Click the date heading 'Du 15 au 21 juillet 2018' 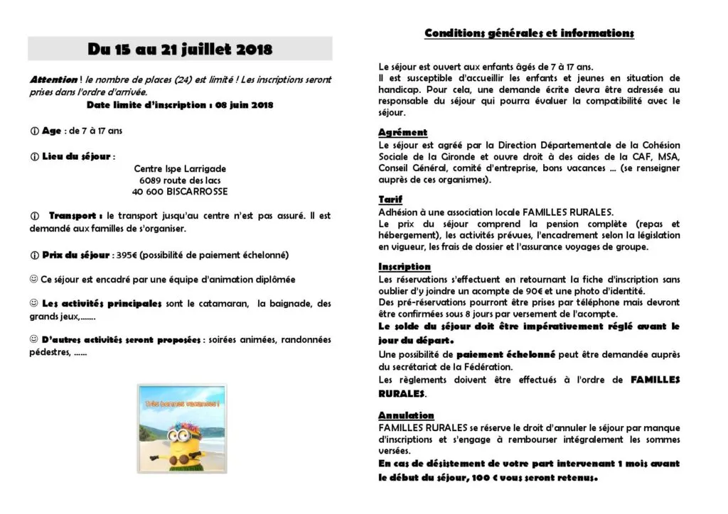coord(180,49)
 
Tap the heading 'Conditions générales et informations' coord(529,33)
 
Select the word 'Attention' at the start coord(54,80)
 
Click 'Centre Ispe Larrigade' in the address coord(180,169)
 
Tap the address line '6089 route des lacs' coord(180,180)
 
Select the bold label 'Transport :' coord(77,215)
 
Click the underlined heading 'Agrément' coord(402,133)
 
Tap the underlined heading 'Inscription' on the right coord(405,267)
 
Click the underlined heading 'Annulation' coord(406,415)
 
